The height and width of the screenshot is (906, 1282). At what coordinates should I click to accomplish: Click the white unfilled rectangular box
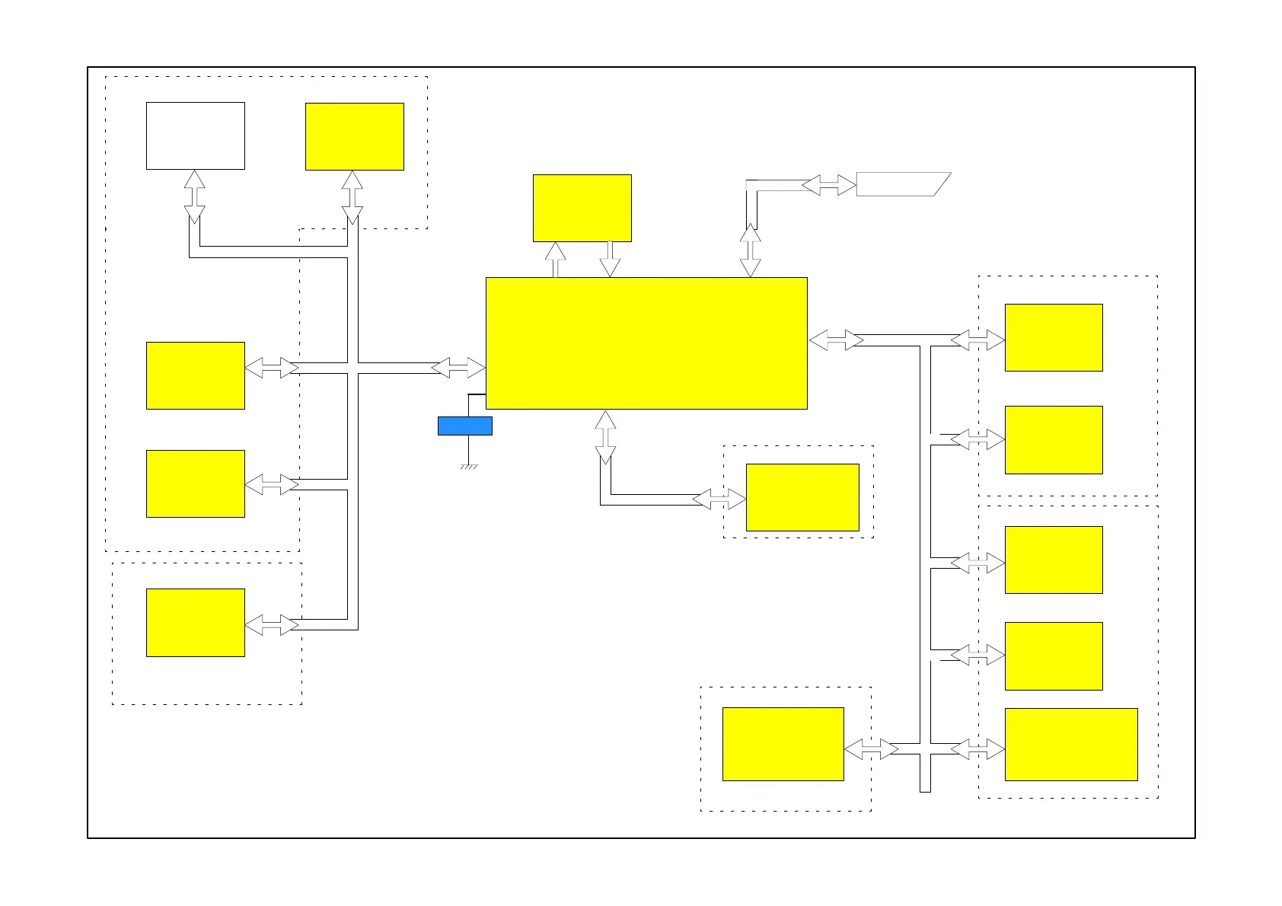pyautogui.click(x=195, y=136)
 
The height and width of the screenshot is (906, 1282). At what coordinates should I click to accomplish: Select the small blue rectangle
pyautogui.click(x=464, y=426)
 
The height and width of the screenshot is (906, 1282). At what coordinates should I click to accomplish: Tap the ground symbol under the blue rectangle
pyautogui.click(x=468, y=465)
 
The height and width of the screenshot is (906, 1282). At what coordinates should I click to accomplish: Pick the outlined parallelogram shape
pyautogui.click(x=902, y=184)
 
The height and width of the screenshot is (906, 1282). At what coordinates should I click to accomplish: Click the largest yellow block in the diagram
pyautogui.click(x=646, y=343)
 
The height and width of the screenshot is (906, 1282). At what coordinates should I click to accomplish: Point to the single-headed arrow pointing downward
pyautogui.click(x=610, y=260)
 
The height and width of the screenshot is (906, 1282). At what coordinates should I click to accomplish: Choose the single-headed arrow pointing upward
pyautogui.click(x=556, y=260)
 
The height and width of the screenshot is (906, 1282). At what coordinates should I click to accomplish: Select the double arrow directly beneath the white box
pyautogui.click(x=195, y=196)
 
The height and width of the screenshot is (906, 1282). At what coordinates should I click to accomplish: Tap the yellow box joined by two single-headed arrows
pyautogui.click(x=582, y=208)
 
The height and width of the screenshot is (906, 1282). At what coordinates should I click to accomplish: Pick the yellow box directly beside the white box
pyautogui.click(x=354, y=136)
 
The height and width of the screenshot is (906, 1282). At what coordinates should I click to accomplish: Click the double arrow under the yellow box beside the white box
pyautogui.click(x=352, y=196)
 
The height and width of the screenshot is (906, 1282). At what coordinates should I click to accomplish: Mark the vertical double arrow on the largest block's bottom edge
pyautogui.click(x=605, y=437)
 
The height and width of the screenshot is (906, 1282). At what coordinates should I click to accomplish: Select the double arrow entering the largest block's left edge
pyautogui.click(x=458, y=368)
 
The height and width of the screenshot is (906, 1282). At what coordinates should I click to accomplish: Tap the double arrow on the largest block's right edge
pyautogui.click(x=835, y=340)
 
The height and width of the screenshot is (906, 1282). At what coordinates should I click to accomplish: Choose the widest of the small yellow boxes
pyautogui.click(x=1070, y=744)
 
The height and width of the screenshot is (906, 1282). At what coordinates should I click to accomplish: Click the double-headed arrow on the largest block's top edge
pyautogui.click(x=750, y=250)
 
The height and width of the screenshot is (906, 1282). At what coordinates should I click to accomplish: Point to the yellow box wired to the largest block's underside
pyautogui.click(x=802, y=497)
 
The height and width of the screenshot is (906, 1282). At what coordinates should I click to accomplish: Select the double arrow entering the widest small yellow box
pyautogui.click(x=977, y=749)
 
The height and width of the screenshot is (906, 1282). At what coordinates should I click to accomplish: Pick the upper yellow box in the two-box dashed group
pyautogui.click(x=1054, y=337)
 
